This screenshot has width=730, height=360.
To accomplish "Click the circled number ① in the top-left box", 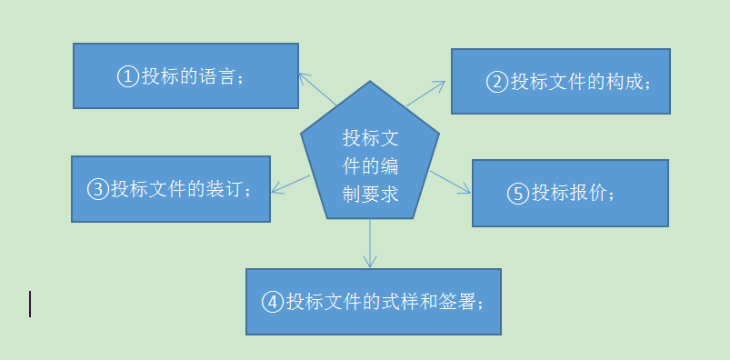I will tap(128, 76).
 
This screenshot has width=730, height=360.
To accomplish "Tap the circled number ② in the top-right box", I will tap(497, 83).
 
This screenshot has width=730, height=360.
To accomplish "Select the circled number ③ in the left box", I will tap(98, 189).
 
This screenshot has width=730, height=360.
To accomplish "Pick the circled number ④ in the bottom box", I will tap(273, 303).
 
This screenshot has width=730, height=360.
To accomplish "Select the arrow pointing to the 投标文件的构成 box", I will tap(426, 93).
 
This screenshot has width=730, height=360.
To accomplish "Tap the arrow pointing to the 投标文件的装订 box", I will tap(290, 183).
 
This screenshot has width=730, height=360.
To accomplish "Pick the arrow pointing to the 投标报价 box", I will tap(452, 185).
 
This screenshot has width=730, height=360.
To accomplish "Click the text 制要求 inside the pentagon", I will tap(370, 194).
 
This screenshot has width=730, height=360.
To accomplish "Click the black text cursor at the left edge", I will tap(30, 304).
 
